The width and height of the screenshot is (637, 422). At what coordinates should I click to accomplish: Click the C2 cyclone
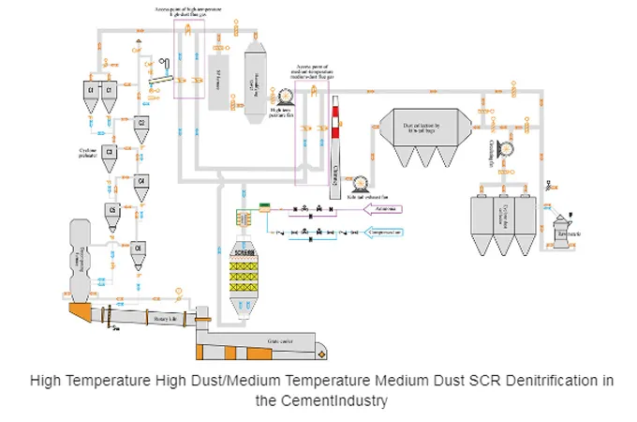pos(141,123)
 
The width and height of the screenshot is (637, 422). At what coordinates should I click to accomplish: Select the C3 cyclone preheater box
pos(110,151)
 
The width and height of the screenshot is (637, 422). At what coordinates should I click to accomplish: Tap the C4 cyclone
pos(141,180)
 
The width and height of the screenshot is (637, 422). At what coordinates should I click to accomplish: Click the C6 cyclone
pos(139,248)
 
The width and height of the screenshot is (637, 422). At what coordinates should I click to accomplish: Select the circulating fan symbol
pos(506,146)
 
